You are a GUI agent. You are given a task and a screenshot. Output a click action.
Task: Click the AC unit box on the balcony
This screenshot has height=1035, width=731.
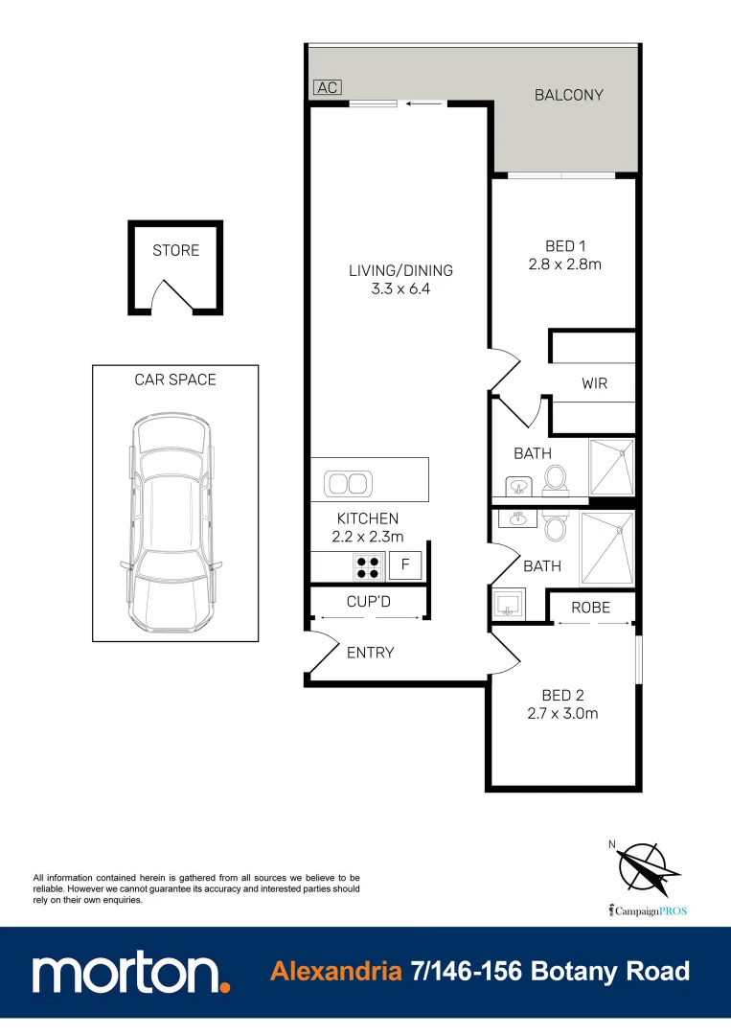pyautogui.click(x=328, y=87)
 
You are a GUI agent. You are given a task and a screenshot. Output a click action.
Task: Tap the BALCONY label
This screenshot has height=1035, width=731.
pyautogui.click(x=569, y=95)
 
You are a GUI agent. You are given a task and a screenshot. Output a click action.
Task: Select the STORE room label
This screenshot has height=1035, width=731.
pyautogui.click(x=176, y=250)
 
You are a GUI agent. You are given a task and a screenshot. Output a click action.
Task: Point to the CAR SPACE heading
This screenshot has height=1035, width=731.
pyautogui.click(x=175, y=379)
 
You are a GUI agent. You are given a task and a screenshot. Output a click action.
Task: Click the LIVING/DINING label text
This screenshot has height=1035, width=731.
pyautogui.click(x=400, y=270)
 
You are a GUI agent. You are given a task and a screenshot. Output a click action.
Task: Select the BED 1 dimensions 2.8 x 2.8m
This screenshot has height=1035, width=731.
pyautogui.click(x=566, y=264)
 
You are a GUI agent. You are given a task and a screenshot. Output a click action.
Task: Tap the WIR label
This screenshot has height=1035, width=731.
pyautogui.click(x=594, y=383)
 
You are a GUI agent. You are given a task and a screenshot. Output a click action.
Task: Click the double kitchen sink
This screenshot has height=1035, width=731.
pyautogui.click(x=347, y=483)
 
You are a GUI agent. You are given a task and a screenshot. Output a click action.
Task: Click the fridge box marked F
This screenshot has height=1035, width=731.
pyautogui.click(x=404, y=565)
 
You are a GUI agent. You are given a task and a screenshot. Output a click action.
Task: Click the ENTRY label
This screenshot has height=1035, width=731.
pyautogui.click(x=370, y=653)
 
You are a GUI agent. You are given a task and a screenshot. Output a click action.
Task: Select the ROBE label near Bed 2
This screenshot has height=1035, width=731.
pyautogui.click(x=590, y=608)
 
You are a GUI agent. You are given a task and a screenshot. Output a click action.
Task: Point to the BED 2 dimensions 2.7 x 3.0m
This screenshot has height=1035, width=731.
pyautogui.click(x=564, y=713)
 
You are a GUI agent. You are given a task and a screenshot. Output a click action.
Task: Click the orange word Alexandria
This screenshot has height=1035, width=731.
pyautogui.click(x=335, y=972)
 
